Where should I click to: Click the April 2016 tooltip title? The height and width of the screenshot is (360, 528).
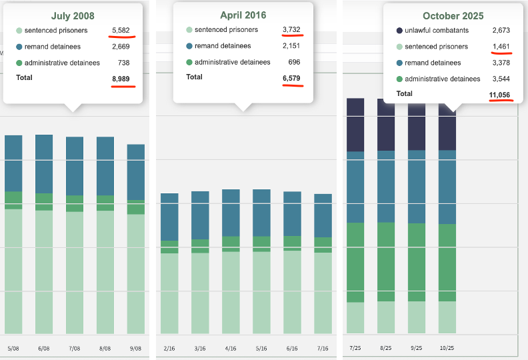tap(243, 15)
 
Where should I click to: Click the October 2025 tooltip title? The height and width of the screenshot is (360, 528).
tap(453, 15)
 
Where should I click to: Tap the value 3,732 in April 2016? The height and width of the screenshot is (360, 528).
tap(292, 29)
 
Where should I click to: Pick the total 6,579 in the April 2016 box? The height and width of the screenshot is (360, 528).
tap(292, 77)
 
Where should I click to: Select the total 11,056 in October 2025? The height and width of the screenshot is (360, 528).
tap(499, 95)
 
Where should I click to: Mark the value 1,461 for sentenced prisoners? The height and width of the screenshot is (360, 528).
tap(500, 47)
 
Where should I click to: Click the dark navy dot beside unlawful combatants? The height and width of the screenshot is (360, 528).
tap(399, 31)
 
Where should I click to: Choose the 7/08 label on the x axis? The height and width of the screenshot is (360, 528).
tap(75, 348)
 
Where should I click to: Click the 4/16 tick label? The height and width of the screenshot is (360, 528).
tap(231, 348)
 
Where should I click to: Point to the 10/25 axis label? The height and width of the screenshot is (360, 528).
tap(447, 348)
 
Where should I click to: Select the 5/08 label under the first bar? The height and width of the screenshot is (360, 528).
tap(13, 348)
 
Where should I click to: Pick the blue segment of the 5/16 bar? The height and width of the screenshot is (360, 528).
tap(261, 213)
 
